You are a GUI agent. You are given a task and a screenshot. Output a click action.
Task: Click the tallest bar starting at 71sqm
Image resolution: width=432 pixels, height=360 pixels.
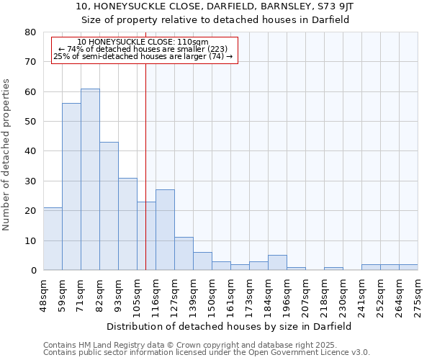(x=90, y=179)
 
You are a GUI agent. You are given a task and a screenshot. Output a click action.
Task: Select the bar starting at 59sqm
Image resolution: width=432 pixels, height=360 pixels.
(x=71, y=186)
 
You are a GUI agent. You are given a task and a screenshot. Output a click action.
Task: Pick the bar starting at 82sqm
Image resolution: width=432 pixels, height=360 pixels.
(x=109, y=206)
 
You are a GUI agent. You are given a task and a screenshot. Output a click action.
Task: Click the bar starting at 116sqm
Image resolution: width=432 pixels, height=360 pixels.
(x=165, y=230)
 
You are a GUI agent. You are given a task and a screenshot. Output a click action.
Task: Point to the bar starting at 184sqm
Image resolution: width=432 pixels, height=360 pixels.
(x=277, y=263)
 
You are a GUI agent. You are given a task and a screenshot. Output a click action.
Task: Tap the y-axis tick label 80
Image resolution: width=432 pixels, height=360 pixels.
(x=30, y=32)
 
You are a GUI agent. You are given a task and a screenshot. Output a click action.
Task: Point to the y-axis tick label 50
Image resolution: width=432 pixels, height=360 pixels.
(x=30, y=122)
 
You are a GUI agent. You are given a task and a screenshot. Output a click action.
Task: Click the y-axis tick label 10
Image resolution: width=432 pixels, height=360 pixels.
(x=30, y=240)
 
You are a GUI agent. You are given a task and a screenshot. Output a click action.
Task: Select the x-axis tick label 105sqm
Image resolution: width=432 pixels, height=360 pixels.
(x=138, y=296)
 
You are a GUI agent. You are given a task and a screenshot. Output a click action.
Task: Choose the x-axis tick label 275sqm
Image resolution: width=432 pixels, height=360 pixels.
(x=418, y=296)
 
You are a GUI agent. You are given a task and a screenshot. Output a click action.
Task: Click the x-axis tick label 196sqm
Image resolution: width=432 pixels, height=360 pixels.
(x=287, y=296)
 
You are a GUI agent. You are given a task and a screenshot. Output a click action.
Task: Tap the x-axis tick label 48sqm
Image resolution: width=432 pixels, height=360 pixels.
(x=44, y=296)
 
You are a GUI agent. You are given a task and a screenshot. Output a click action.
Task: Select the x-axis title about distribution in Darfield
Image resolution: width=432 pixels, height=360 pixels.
(x=230, y=326)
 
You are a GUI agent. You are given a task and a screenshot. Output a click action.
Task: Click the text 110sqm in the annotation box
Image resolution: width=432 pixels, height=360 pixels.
(x=195, y=42)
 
